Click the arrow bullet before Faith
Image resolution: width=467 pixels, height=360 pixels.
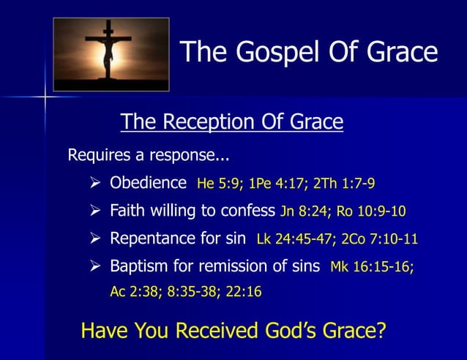click(x=95, y=211)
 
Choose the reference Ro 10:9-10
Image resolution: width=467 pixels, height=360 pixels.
click(x=371, y=212)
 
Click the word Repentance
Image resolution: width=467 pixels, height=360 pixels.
click(x=154, y=238)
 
